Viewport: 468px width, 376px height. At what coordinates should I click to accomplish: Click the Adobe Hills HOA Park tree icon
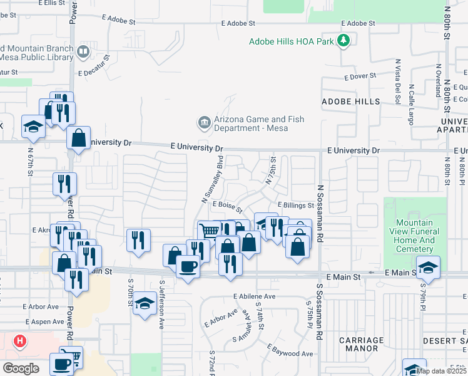[x=343, y=41]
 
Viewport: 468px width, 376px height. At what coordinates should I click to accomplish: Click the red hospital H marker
[x=21, y=342]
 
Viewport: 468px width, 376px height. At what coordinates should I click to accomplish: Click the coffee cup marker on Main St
[x=188, y=267]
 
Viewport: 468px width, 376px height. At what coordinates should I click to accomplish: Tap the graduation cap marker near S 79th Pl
[x=428, y=268]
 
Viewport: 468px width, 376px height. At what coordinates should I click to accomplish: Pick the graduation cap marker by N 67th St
[x=33, y=127]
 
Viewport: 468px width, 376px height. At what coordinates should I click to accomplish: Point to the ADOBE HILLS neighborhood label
[x=351, y=102]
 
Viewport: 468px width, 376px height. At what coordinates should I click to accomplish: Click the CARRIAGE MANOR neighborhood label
[x=361, y=344]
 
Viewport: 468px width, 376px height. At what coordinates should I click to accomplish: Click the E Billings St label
[x=295, y=205]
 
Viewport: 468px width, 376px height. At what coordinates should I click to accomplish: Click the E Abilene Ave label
[x=254, y=296]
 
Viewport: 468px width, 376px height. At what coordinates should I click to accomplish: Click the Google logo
[x=21, y=368]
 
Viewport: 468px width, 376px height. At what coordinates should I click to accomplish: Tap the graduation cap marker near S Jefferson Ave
[x=145, y=305]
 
